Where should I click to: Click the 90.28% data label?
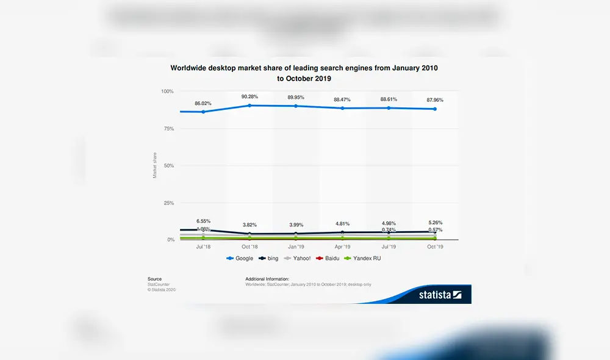coord(249,96)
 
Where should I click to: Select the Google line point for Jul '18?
coord(204,112)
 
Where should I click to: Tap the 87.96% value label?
coord(435,100)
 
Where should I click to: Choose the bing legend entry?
coord(268,258)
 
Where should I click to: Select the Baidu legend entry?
coord(329,258)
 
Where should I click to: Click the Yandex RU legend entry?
coord(364,258)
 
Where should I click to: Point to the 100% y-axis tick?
coord(167,92)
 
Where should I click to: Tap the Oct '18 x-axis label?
coord(249,247)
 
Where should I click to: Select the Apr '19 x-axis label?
coord(342,247)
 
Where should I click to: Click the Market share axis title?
coord(155,165)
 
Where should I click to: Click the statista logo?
coord(440,295)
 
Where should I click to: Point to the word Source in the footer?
coord(154,279)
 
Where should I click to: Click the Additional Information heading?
coord(267,279)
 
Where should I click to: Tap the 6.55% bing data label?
coord(204,221)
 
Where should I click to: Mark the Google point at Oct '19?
coord(435,109)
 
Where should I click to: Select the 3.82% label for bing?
coord(249,225)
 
